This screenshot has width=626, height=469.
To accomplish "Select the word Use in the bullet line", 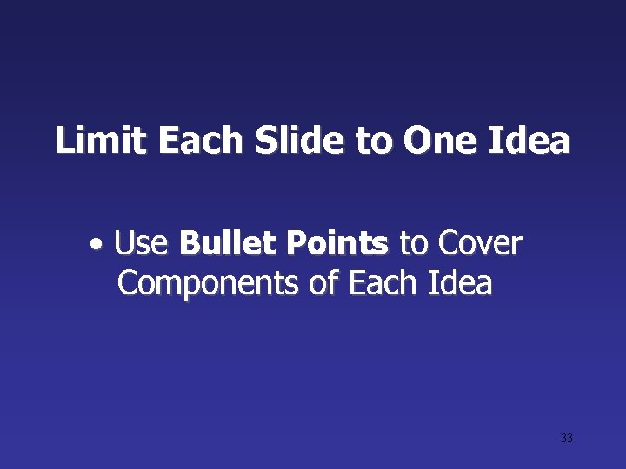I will coord(140,244).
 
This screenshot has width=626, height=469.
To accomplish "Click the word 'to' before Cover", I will coord(413,246).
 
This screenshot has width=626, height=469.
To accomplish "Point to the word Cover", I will coord(479,244).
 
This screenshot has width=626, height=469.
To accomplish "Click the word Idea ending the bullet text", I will coord(459,282).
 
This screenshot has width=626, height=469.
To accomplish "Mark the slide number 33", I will coord(567,438).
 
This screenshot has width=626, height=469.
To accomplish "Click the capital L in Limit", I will coord(63,140).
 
